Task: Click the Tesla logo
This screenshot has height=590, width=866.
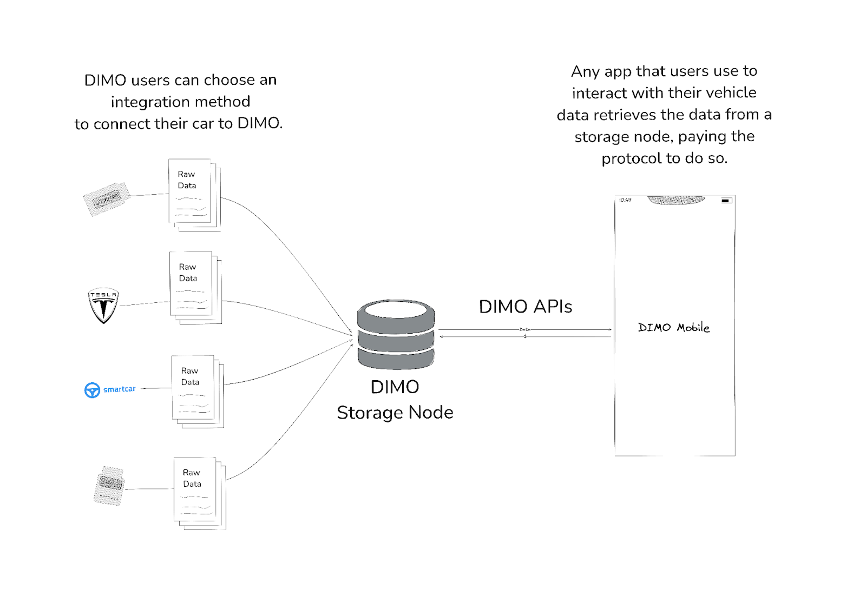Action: coord(103,305)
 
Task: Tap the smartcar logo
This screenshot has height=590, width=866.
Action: coord(110,389)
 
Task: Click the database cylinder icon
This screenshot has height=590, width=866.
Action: coord(396,335)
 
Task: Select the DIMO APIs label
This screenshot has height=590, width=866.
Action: coord(525,307)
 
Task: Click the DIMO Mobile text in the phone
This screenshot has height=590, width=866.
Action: coord(673,327)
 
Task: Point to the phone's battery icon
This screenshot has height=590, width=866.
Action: coord(726,201)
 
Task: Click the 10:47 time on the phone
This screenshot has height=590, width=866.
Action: coord(625,200)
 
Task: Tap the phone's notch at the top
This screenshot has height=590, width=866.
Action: coord(676,200)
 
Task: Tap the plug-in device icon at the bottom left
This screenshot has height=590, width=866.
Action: coord(109,485)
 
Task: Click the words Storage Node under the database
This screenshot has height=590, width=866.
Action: coord(395,413)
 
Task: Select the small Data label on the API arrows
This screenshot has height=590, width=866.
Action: coord(524,329)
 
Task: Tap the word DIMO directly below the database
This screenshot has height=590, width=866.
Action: coord(395,387)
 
